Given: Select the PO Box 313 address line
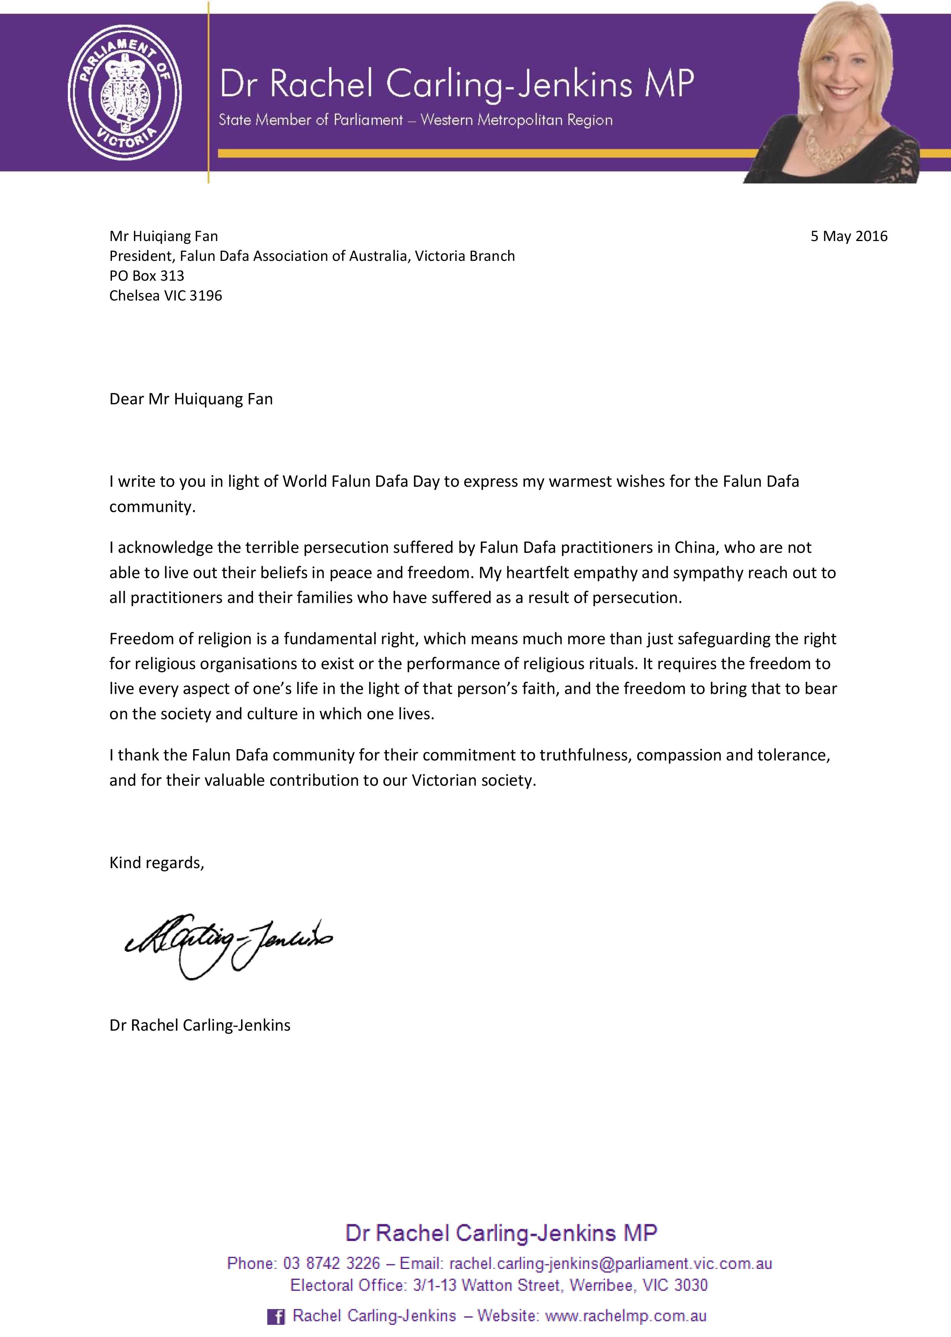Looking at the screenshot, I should point(147,275).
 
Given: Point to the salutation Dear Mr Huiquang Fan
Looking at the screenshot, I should point(191,399).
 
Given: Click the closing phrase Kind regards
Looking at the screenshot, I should point(156,863).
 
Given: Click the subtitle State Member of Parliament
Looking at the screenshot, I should point(310,120).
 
